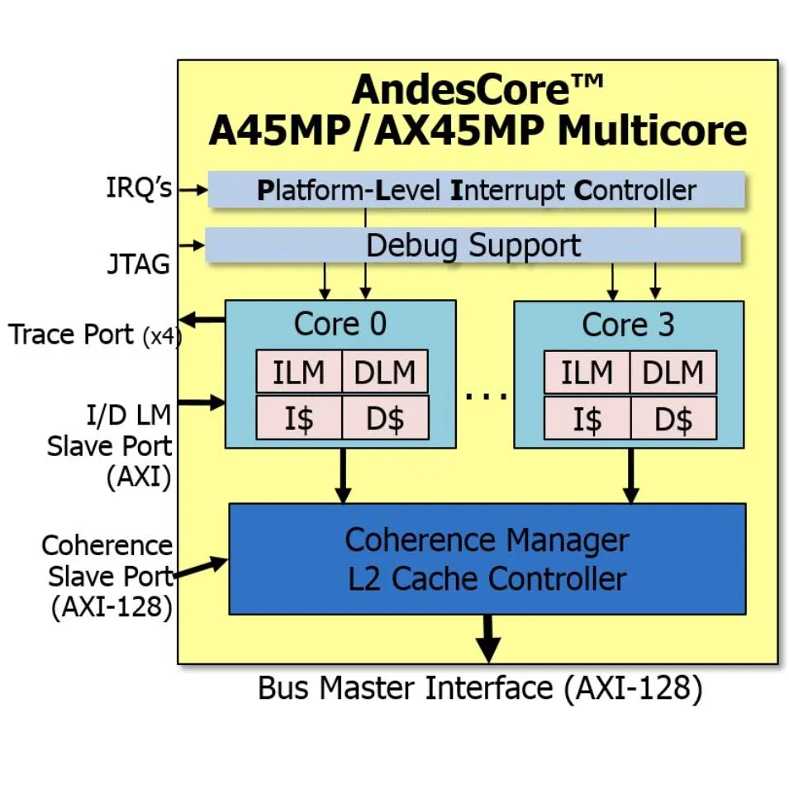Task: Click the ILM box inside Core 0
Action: (x=298, y=373)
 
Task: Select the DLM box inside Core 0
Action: (x=385, y=373)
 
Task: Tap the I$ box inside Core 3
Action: (x=587, y=419)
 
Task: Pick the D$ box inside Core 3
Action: (x=673, y=419)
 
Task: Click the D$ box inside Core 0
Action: (x=385, y=419)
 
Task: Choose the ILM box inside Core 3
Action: (x=587, y=373)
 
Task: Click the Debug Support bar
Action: (x=473, y=245)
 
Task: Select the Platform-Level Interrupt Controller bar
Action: (x=476, y=190)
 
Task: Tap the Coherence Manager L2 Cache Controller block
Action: (x=487, y=558)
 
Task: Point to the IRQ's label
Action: (x=139, y=188)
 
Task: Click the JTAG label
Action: (x=138, y=264)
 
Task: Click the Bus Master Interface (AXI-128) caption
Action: (x=480, y=687)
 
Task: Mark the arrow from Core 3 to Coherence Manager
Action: (x=630, y=476)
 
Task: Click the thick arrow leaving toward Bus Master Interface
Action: (x=488, y=639)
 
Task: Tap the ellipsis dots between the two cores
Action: (x=486, y=396)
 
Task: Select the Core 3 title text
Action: (x=628, y=325)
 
